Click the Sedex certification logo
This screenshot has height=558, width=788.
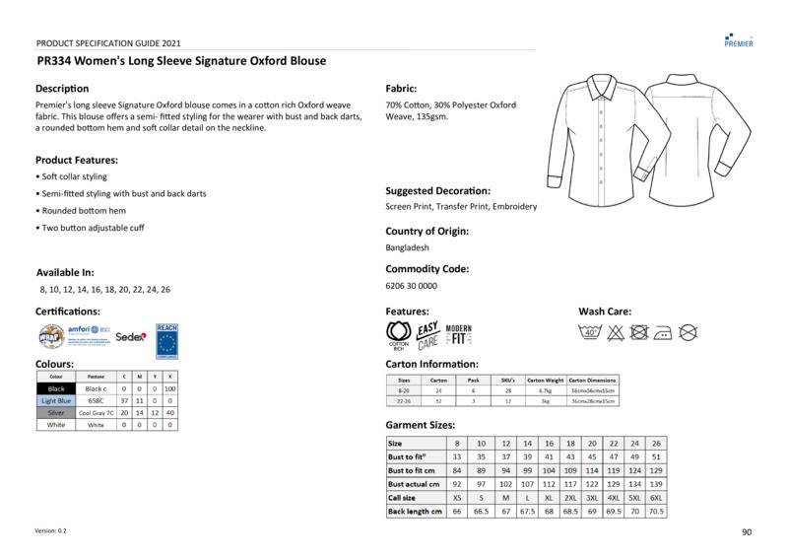pos(130,336)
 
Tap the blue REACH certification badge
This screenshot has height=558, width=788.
pos(166,339)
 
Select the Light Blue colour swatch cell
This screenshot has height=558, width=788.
pos(56,401)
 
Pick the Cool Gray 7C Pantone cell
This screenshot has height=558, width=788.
pos(96,413)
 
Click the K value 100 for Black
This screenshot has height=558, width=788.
pos(170,389)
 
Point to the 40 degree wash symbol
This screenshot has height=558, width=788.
pos(591,332)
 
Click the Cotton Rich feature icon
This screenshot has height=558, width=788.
pos(398,335)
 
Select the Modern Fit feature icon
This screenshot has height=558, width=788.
pos(459,334)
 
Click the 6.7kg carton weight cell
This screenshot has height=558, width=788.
pos(546,390)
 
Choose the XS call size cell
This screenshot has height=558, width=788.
pos(457,498)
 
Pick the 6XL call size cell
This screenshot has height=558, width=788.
pos(656,498)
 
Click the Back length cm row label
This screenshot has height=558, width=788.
pos(415,512)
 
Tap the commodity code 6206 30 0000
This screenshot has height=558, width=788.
pos(412,286)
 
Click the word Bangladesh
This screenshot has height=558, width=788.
pos(407,247)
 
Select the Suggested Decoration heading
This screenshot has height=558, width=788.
pos(438,190)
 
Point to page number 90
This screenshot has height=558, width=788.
pos(746,532)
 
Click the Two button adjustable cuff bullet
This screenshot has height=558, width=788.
pos(92,228)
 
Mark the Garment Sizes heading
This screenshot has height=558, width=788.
pos(421,425)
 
